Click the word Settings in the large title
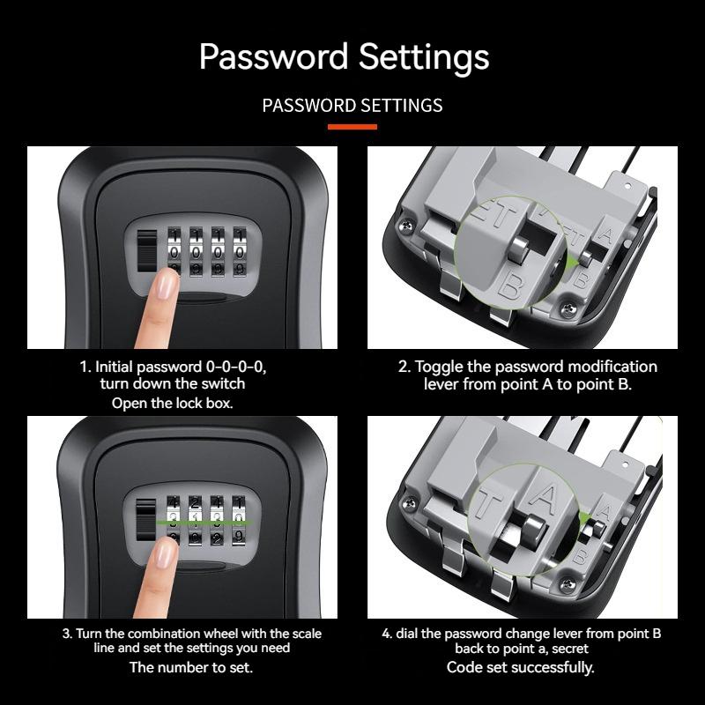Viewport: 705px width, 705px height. pos(423,58)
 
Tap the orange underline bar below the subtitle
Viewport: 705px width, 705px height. pos(352,127)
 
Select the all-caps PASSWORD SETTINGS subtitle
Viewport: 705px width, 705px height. pos(352,106)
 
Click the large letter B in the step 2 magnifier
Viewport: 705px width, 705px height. pos(511,284)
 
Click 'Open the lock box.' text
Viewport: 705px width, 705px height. pos(172,403)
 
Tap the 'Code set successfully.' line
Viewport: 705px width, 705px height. pos(521,667)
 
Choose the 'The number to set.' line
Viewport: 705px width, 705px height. pos(191,667)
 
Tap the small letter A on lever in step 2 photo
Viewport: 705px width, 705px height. pos(606,234)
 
